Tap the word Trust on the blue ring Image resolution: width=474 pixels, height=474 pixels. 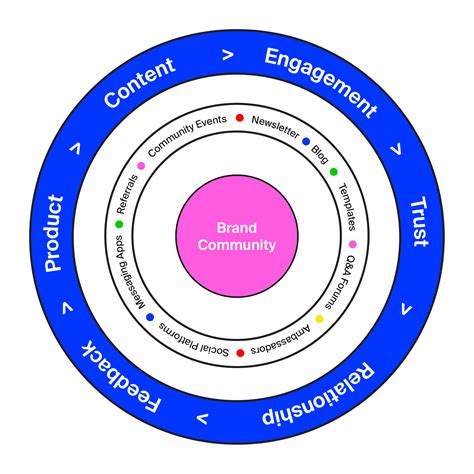click(419, 222)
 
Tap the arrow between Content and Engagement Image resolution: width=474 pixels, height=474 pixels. click(229, 55)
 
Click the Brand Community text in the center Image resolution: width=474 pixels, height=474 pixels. click(237, 236)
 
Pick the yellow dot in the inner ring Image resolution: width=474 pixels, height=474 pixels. click(320, 319)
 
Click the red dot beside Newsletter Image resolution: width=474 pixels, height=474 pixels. click(239, 119)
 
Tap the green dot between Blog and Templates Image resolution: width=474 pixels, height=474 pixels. click(334, 171)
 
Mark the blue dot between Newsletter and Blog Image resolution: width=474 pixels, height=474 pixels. click(306, 142)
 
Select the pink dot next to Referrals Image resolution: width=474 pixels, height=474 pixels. click(141, 165)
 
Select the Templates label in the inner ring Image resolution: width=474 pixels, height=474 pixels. click(346, 206)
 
